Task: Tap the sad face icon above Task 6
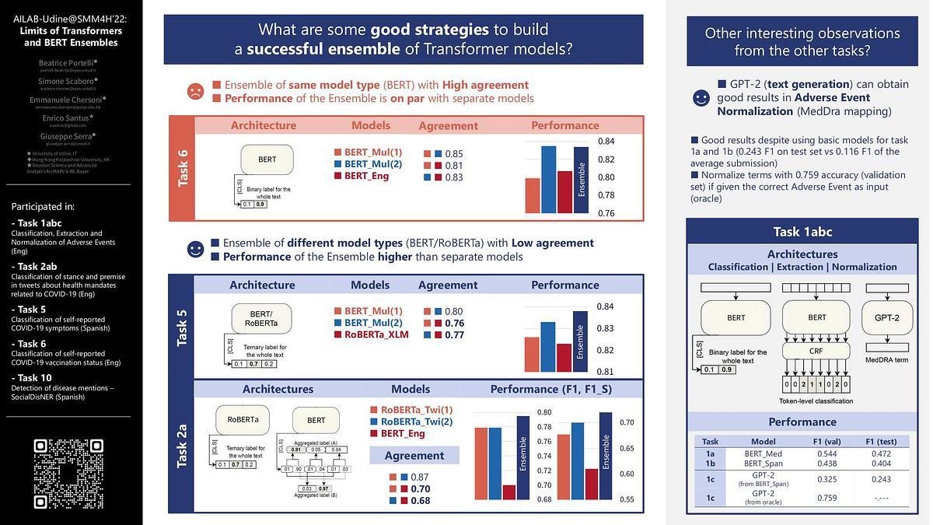point(195,91)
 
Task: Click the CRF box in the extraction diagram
point(817,351)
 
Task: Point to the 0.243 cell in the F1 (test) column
point(881,479)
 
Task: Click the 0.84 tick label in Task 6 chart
point(606,141)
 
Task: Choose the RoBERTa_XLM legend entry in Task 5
point(376,334)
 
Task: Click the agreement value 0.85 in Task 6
point(454,154)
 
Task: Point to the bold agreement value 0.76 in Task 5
point(454,324)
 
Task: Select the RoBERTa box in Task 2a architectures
point(243,420)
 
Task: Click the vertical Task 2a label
point(182,446)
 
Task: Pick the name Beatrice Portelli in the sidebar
point(68,62)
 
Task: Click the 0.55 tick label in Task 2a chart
point(606,499)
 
